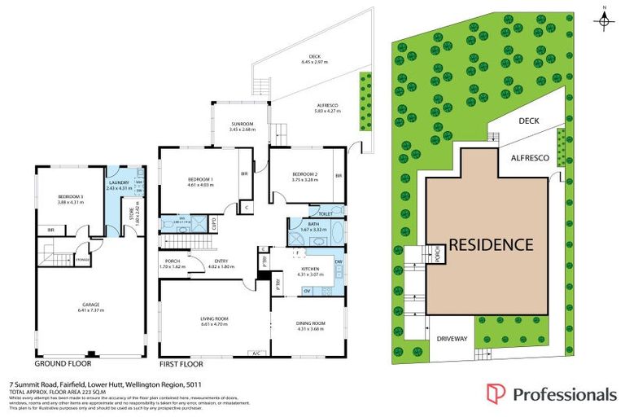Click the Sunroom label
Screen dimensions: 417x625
[x=243, y=125]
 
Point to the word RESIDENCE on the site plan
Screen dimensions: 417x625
[x=491, y=244]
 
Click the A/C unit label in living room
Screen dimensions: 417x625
[x=256, y=353]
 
